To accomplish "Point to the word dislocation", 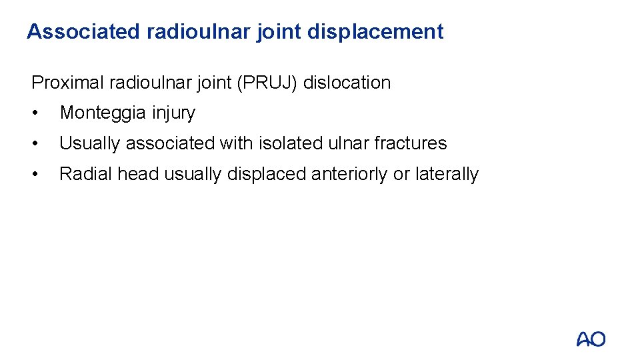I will click(347, 83).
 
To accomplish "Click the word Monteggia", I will click(103, 113).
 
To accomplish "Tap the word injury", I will click(173, 113).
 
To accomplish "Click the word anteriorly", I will click(348, 174).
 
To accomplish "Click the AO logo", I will click(591, 339).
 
